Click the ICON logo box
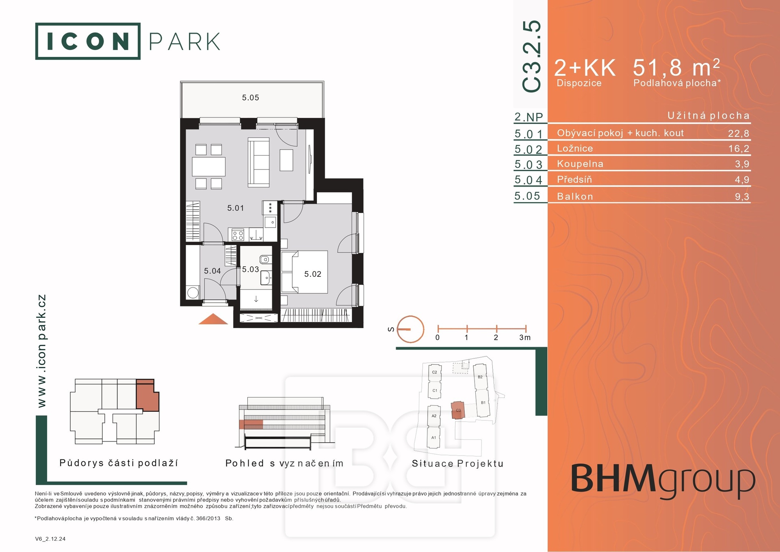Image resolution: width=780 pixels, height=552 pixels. (x=88, y=41)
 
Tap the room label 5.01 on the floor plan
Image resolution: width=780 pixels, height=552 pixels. (x=236, y=208)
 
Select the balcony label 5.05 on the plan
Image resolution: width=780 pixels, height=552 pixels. (x=251, y=98)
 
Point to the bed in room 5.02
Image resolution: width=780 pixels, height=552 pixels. (x=304, y=272)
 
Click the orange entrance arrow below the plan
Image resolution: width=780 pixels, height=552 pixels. (x=213, y=319)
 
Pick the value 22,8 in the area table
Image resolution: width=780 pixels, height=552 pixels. (x=739, y=133)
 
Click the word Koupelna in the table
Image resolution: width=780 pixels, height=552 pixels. (x=580, y=164)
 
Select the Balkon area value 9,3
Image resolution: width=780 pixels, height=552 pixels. (x=742, y=197)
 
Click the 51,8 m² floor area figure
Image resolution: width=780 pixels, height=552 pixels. (x=676, y=67)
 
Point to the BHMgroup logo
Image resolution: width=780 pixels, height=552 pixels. (x=663, y=481)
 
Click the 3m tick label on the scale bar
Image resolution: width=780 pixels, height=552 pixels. (x=525, y=337)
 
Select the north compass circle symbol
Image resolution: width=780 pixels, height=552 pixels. (x=410, y=329)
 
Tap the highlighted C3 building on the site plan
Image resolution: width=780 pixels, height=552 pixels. (x=457, y=410)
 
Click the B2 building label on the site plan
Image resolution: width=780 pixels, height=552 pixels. (x=480, y=377)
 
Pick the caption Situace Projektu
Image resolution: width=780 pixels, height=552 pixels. (x=458, y=463)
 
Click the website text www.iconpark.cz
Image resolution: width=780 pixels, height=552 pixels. (x=41, y=351)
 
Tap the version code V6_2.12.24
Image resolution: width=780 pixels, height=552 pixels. (x=50, y=539)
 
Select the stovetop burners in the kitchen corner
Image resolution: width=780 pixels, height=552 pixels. (x=238, y=235)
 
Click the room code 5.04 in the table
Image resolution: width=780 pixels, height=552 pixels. (x=528, y=180)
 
